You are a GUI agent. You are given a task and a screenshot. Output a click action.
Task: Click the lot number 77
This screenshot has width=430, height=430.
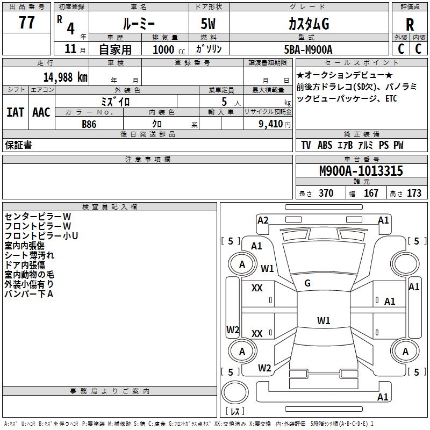tap(26, 23)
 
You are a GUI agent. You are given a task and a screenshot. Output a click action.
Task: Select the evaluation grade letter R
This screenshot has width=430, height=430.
tap(410, 25)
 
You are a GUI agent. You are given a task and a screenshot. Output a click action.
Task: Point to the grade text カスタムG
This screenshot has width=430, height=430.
tap(309, 24)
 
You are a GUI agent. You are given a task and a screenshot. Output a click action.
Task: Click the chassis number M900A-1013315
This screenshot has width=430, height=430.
tap(361, 171)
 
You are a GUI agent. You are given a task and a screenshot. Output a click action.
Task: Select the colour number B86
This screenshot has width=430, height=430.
tap(89, 124)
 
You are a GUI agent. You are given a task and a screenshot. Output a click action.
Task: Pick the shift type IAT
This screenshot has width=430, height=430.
tap(15, 112)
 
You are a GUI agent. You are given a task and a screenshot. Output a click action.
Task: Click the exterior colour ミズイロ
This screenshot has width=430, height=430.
tap(116, 101)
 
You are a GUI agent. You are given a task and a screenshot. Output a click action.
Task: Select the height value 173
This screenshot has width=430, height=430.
tap(414, 193)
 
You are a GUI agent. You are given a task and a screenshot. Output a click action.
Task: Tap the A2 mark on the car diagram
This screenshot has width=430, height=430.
tap(263, 220)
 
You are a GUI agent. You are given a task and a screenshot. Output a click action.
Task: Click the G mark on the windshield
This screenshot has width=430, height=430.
tap(307, 283)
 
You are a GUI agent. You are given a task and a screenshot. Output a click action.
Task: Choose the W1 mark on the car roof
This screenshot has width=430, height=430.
tap(324, 321)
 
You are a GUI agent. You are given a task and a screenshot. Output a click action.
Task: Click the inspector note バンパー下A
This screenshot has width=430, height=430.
tap(29, 294)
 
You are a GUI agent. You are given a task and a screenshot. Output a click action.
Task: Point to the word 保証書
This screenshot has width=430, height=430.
tap(18, 145)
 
